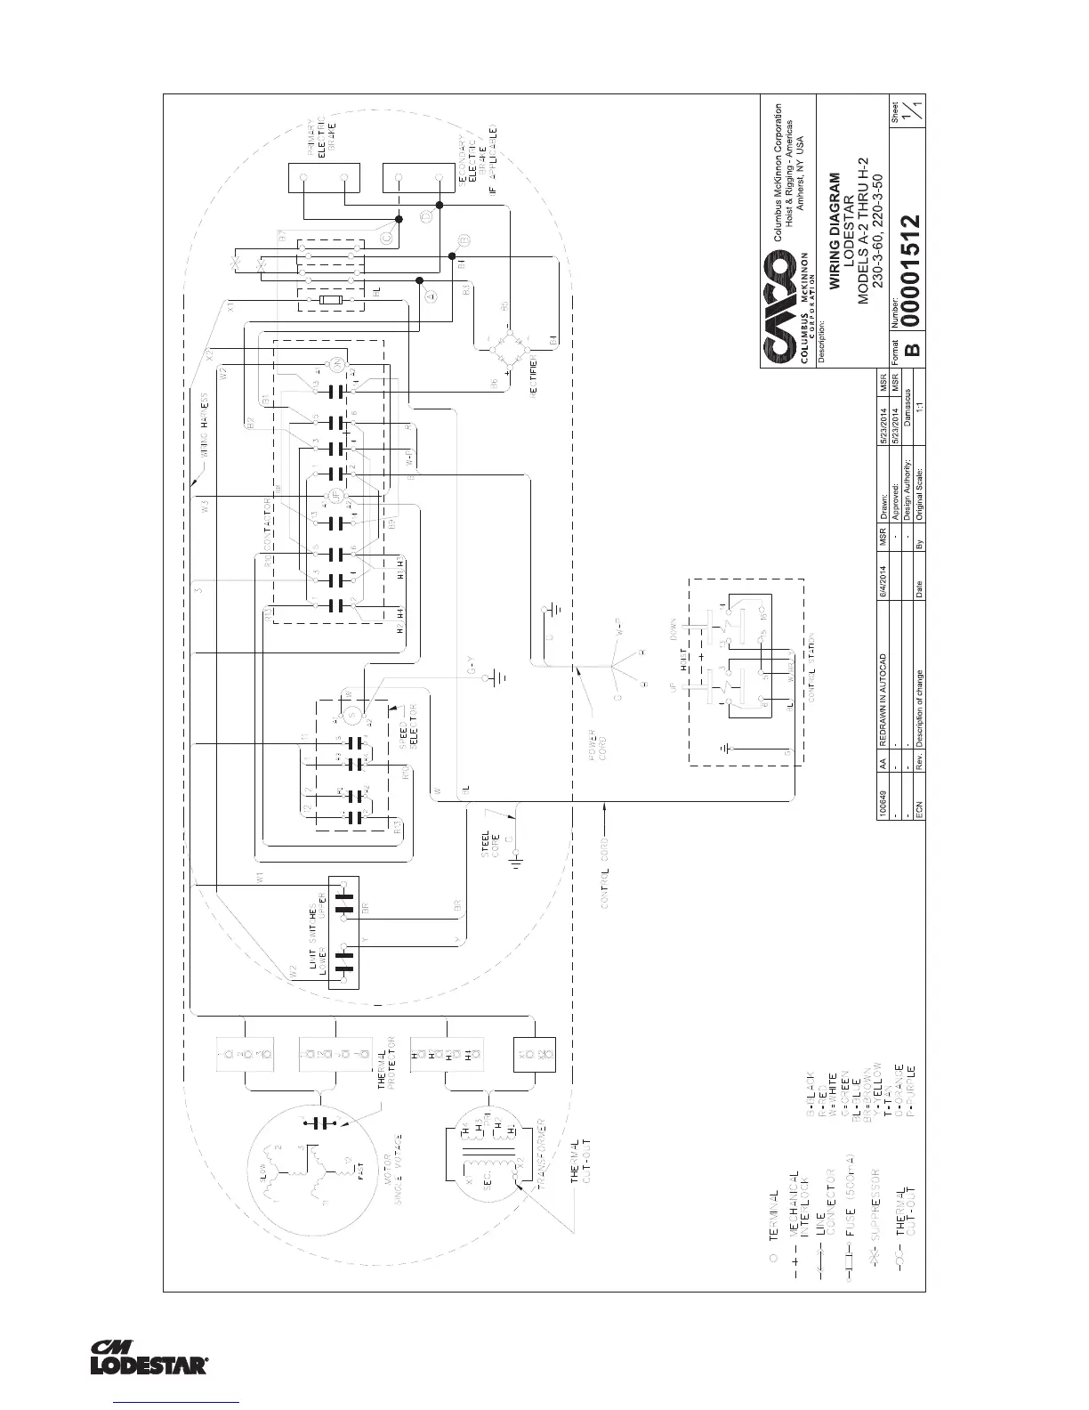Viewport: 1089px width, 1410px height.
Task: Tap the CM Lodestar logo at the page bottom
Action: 149,1357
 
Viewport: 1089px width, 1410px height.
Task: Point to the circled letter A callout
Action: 431,297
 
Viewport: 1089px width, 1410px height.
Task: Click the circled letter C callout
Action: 387,238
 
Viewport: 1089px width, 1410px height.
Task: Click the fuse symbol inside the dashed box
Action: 332,302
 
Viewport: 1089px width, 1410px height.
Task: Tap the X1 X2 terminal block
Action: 535,1059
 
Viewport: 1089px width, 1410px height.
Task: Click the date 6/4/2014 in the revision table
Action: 884,583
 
